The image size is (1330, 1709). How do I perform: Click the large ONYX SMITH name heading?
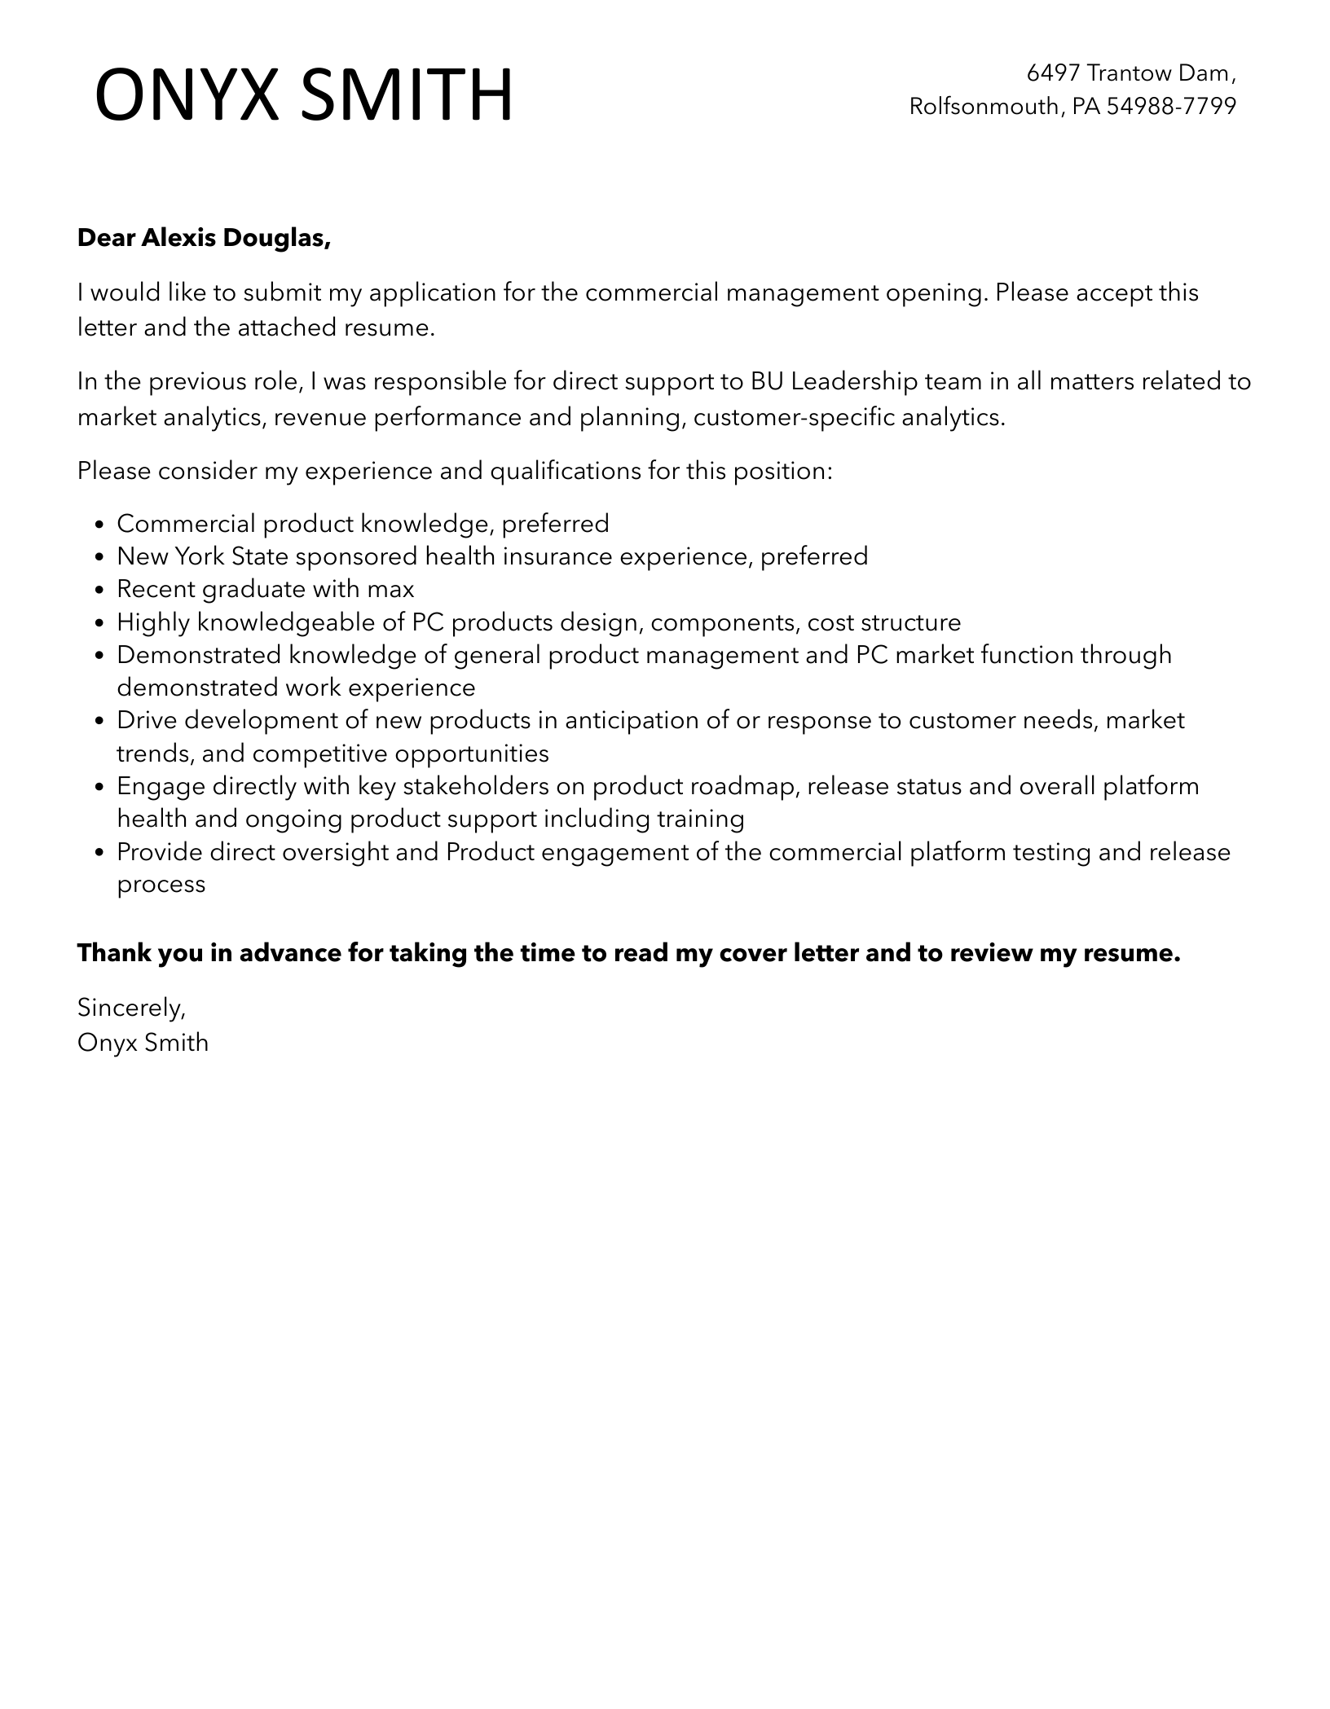304,95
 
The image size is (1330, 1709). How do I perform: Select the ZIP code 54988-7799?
1171,106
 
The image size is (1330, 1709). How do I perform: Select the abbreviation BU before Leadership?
767,381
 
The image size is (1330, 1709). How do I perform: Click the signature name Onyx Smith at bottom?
143,1043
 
